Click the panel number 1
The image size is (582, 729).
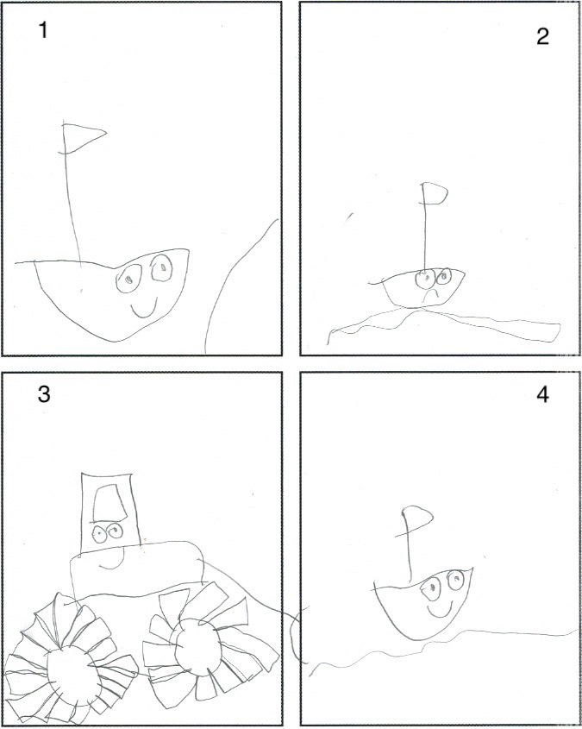(43, 31)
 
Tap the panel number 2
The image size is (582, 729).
(542, 37)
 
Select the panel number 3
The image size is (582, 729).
(44, 394)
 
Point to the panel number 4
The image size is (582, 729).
(542, 395)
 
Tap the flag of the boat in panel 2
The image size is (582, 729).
(435, 193)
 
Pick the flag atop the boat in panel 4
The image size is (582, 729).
(416, 519)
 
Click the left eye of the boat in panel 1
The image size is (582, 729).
(128, 279)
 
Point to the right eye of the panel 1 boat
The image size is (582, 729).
(161, 267)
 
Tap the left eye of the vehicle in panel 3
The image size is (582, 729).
(99, 534)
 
